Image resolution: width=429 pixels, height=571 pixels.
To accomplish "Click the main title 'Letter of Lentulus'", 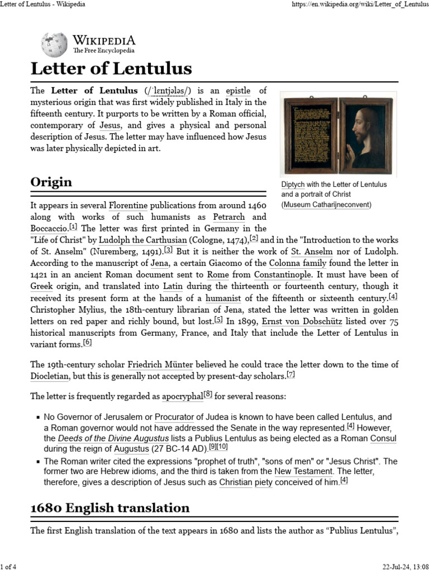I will [111, 69].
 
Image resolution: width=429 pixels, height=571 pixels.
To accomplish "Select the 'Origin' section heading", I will [51, 182].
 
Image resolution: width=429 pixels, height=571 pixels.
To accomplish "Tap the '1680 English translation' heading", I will [110, 507].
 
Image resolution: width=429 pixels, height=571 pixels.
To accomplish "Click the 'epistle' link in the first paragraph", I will [238, 90].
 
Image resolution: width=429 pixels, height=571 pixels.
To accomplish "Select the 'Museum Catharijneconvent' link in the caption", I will [326, 205].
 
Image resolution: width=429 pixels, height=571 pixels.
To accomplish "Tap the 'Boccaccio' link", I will [49, 229].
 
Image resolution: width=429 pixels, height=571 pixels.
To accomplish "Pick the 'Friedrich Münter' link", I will [160, 365].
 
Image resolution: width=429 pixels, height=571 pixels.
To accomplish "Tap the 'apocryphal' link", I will [182, 397].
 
